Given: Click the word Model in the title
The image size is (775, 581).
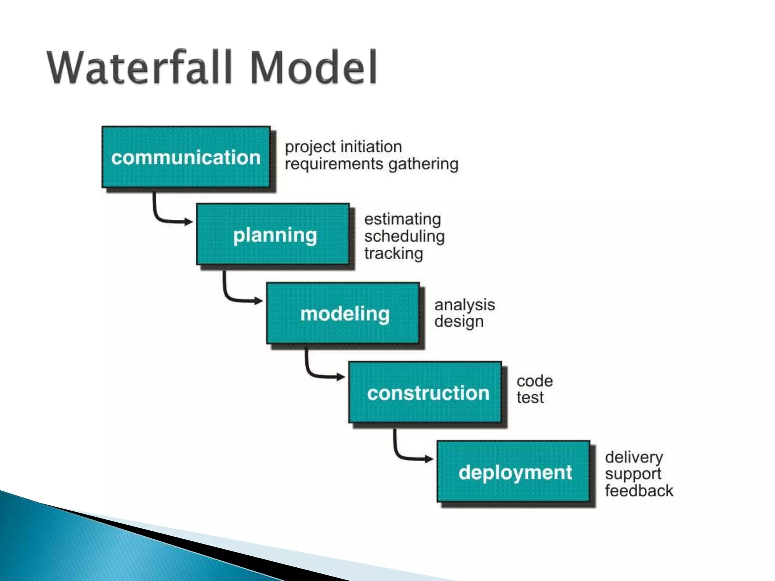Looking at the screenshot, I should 313,68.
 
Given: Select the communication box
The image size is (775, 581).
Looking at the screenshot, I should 186,157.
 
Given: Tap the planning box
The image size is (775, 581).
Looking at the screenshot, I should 273,235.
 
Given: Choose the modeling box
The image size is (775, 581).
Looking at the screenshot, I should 343,314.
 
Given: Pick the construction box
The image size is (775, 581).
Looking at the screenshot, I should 425,393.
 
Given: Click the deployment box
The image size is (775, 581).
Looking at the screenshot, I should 514,472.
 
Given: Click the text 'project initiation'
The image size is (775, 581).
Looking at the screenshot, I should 343,147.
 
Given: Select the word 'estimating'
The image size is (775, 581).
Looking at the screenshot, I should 403,219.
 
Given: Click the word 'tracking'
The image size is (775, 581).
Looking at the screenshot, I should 394,253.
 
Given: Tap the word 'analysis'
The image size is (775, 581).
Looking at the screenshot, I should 465,305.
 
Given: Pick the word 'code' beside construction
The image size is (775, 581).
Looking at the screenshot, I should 535,381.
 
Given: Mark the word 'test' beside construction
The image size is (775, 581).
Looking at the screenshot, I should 530,398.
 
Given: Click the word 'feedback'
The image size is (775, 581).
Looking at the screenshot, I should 639,491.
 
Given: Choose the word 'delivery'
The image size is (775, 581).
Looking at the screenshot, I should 634,457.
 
